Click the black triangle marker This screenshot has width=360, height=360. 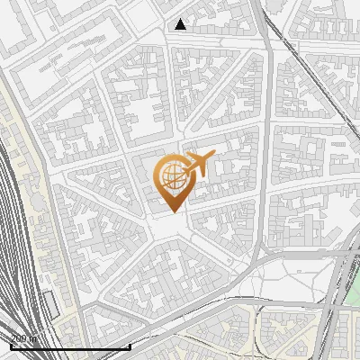point(181,24)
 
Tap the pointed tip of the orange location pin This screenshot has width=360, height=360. point(171,211)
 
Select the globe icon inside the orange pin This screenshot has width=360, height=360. point(171,177)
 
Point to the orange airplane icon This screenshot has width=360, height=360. point(199,164)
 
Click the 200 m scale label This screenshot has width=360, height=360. point(23,338)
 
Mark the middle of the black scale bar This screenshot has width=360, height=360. point(70,346)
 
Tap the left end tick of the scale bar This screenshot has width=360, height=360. point(11,346)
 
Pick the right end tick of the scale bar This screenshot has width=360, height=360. point(130,346)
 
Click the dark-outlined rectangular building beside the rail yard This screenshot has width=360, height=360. point(50,305)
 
